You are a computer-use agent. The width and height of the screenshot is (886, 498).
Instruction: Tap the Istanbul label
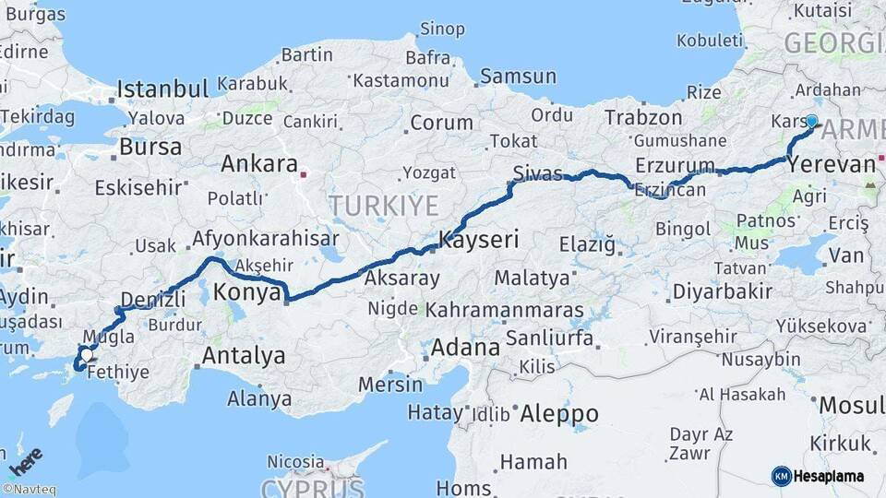point(162,89)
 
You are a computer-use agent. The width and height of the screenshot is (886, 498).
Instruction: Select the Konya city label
point(246,293)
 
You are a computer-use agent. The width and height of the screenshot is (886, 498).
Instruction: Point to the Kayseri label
point(478,240)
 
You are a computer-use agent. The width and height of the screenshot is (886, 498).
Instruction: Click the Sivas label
point(537,172)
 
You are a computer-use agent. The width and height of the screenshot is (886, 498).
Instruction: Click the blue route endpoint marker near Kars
point(811,121)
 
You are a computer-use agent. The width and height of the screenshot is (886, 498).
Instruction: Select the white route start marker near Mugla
point(86,353)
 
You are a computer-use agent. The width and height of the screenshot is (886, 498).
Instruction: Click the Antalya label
point(244,355)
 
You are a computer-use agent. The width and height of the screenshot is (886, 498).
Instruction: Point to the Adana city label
point(465,349)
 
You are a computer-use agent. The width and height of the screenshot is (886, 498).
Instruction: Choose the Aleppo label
point(559,414)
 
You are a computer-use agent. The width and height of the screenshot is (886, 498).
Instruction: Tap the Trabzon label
point(643,117)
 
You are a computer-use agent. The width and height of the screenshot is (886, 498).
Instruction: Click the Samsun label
point(518,77)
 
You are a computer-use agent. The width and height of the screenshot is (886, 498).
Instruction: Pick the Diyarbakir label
point(722,290)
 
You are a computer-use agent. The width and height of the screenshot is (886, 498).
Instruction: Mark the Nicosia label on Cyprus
point(296,461)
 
